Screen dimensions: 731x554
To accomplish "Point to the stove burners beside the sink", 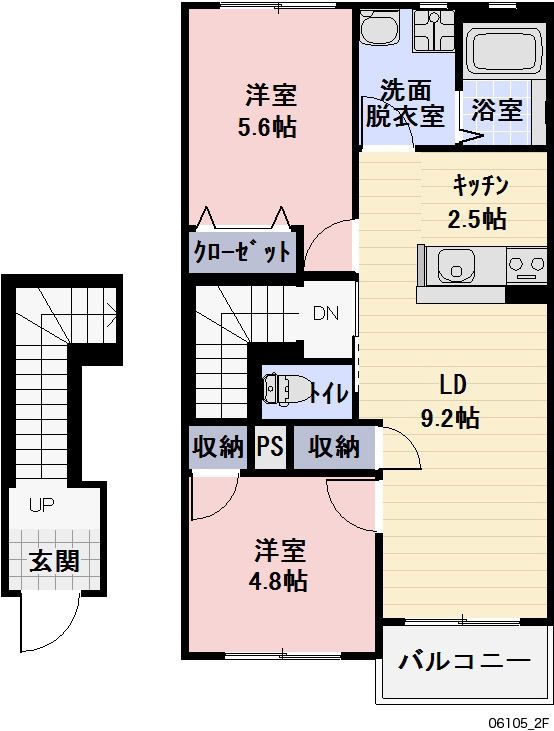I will click(527, 267).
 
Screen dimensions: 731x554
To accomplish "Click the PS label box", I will click(270, 447).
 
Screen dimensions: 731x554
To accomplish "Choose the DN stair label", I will click(326, 313).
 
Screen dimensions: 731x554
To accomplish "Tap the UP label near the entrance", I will click(41, 505).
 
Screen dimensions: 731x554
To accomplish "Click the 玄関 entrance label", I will click(54, 560).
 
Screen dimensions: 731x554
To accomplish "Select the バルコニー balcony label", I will click(464, 662).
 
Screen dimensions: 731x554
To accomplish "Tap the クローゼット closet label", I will click(243, 251).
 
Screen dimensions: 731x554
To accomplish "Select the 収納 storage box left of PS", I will click(217, 447).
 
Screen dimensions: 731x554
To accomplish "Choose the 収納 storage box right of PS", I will click(334, 447).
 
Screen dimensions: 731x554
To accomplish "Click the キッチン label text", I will click(481, 185).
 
